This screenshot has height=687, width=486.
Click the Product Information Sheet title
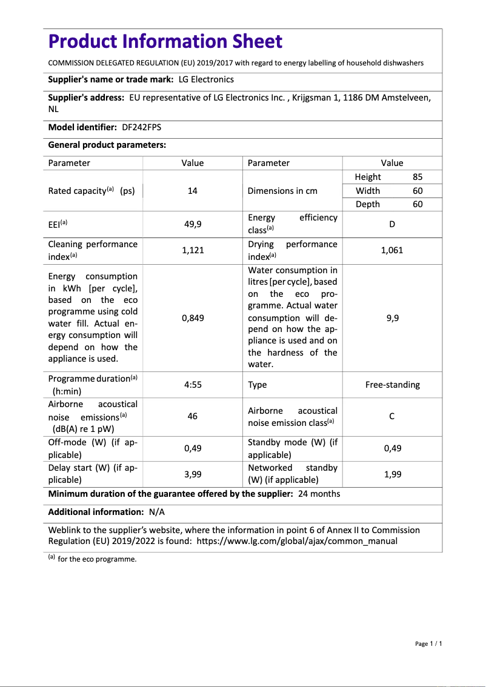[x=165, y=41]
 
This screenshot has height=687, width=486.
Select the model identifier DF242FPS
[x=142, y=127]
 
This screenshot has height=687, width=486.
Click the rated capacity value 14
[x=193, y=191]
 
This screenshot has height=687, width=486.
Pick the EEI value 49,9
[x=193, y=224]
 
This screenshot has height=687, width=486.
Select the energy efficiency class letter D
[x=392, y=224]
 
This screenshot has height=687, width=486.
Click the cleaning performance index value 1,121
[x=193, y=250]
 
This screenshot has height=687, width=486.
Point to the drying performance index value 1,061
[x=392, y=250]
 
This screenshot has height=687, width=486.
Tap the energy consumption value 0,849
[x=193, y=318]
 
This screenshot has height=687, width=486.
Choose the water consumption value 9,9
[x=392, y=318]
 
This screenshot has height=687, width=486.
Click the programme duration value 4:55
[x=193, y=385]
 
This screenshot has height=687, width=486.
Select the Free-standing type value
[x=392, y=385]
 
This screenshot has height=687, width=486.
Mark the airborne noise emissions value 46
[x=193, y=417]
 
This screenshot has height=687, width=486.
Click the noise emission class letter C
[x=392, y=417]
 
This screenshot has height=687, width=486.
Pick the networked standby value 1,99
[x=392, y=474]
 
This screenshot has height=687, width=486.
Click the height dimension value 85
[x=418, y=178]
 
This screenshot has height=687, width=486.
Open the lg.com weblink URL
[x=297, y=541]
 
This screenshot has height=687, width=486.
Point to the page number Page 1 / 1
[x=428, y=643]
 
